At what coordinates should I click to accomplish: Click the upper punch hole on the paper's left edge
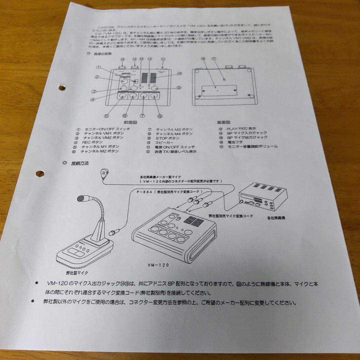(62, 88)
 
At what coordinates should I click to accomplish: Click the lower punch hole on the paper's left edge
(40, 174)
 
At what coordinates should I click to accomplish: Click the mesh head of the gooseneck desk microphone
(81, 198)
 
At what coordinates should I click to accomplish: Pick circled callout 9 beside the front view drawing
(179, 88)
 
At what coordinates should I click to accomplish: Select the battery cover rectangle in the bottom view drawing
(219, 90)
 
